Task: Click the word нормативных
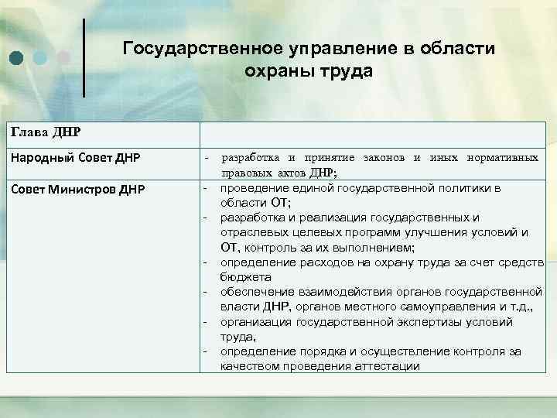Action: tap(503, 158)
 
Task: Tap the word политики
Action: tap(453, 188)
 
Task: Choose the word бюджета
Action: tap(245, 276)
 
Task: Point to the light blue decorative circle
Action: tap(39, 57)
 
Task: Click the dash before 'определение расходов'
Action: tap(206, 262)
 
